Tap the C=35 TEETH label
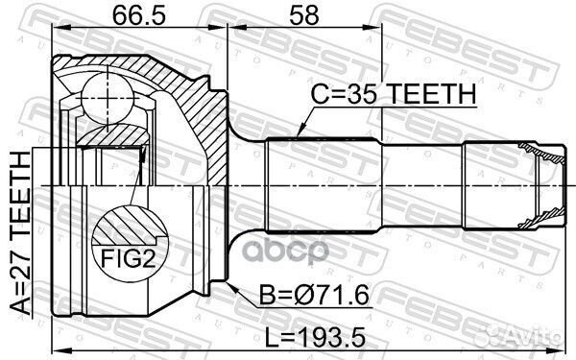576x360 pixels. coord(394,94)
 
